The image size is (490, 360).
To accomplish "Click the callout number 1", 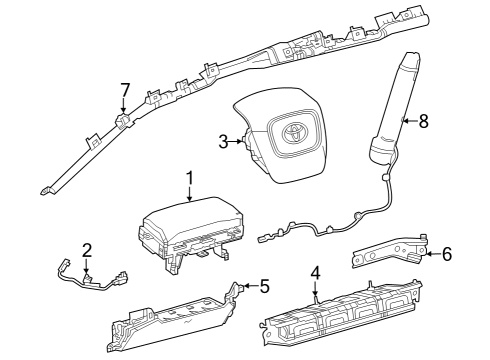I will pyautogui.click(x=187, y=178).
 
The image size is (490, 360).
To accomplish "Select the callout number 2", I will pyautogui.click(x=87, y=249).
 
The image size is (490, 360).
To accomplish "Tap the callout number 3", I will pyautogui.click(x=224, y=142).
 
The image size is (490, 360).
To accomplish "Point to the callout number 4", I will pyautogui.click(x=315, y=272).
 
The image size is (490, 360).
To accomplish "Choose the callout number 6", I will pyautogui.click(x=446, y=254).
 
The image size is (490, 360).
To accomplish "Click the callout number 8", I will pyautogui.click(x=423, y=122).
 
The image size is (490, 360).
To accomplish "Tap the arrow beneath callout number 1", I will pyautogui.click(x=187, y=196).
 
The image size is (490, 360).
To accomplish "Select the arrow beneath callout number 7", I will pyautogui.click(x=124, y=110).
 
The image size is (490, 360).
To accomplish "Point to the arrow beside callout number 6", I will pyautogui.click(x=430, y=254).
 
